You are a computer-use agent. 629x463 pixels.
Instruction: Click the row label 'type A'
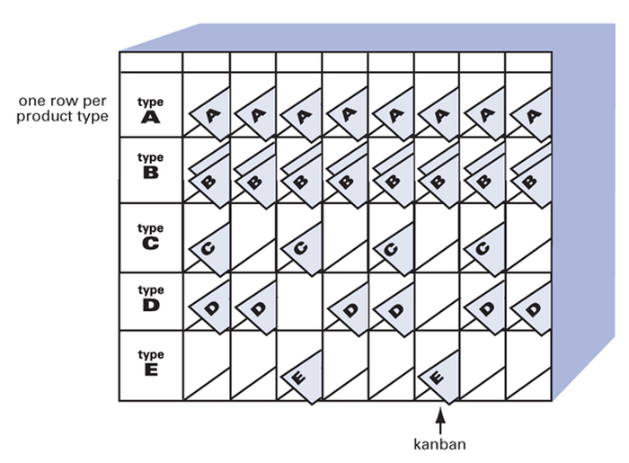click(x=150, y=110)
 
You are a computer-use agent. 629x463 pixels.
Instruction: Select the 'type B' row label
click(x=150, y=165)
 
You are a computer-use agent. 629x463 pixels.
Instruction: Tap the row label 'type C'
click(x=150, y=236)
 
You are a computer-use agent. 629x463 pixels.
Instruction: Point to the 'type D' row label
click(x=150, y=298)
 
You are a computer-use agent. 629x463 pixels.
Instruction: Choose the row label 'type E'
click(x=150, y=362)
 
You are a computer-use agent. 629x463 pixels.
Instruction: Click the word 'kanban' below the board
click(x=439, y=444)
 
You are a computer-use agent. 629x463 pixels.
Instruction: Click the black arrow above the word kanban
click(x=440, y=421)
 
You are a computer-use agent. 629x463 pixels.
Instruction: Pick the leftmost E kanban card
click(x=302, y=377)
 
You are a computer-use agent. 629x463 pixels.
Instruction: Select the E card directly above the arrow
click(x=439, y=377)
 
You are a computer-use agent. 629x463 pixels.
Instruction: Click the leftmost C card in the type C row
click(x=209, y=249)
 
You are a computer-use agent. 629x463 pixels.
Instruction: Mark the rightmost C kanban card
click(x=484, y=249)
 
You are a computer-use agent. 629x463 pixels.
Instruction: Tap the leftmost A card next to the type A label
click(x=209, y=114)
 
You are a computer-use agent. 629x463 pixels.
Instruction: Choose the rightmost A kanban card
click(x=531, y=114)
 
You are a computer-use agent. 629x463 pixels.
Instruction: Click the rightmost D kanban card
click(x=531, y=308)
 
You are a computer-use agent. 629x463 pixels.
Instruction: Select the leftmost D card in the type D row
click(x=209, y=308)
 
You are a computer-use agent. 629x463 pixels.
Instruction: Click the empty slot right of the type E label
click(x=207, y=366)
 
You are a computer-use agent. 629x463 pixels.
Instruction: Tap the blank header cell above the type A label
click(x=151, y=62)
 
